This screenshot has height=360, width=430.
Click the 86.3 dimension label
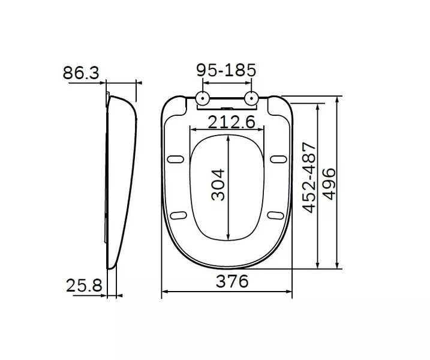tap(81, 73)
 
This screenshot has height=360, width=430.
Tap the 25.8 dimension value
tap(84, 286)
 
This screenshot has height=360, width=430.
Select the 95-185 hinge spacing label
tap(226, 70)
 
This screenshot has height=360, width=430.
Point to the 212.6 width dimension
tap(231, 122)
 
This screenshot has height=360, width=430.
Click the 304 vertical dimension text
tap(218, 185)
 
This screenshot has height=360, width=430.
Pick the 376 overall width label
tap(232, 281)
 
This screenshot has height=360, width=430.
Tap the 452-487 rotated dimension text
tap(309, 178)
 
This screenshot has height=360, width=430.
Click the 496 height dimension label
tap(329, 184)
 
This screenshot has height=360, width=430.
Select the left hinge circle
tap(203, 98)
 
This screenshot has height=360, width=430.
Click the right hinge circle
tap(251, 98)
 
